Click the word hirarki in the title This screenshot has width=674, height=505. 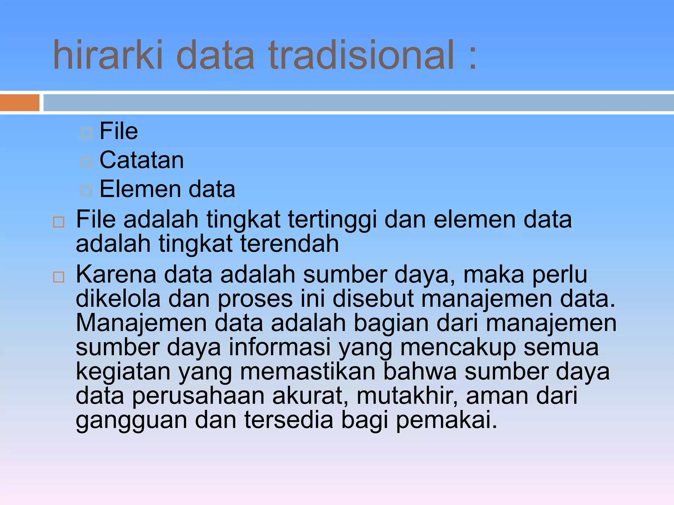[x=108, y=55]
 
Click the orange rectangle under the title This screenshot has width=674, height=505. [x=20, y=103]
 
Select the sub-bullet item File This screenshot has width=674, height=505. [x=118, y=131]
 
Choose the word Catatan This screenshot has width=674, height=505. [x=142, y=160]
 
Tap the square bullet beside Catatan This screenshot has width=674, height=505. [x=87, y=161]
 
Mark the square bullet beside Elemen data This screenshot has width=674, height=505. [x=87, y=190]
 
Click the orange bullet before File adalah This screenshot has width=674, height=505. [x=59, y=222]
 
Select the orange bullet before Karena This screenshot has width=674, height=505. [x=59, y=277]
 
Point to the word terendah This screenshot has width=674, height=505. [x=289, y=244]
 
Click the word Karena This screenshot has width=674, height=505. [x=116, y=274]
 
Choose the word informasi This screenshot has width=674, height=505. [x=279, y=347]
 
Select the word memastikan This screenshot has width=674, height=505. [x=308, y=372]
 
